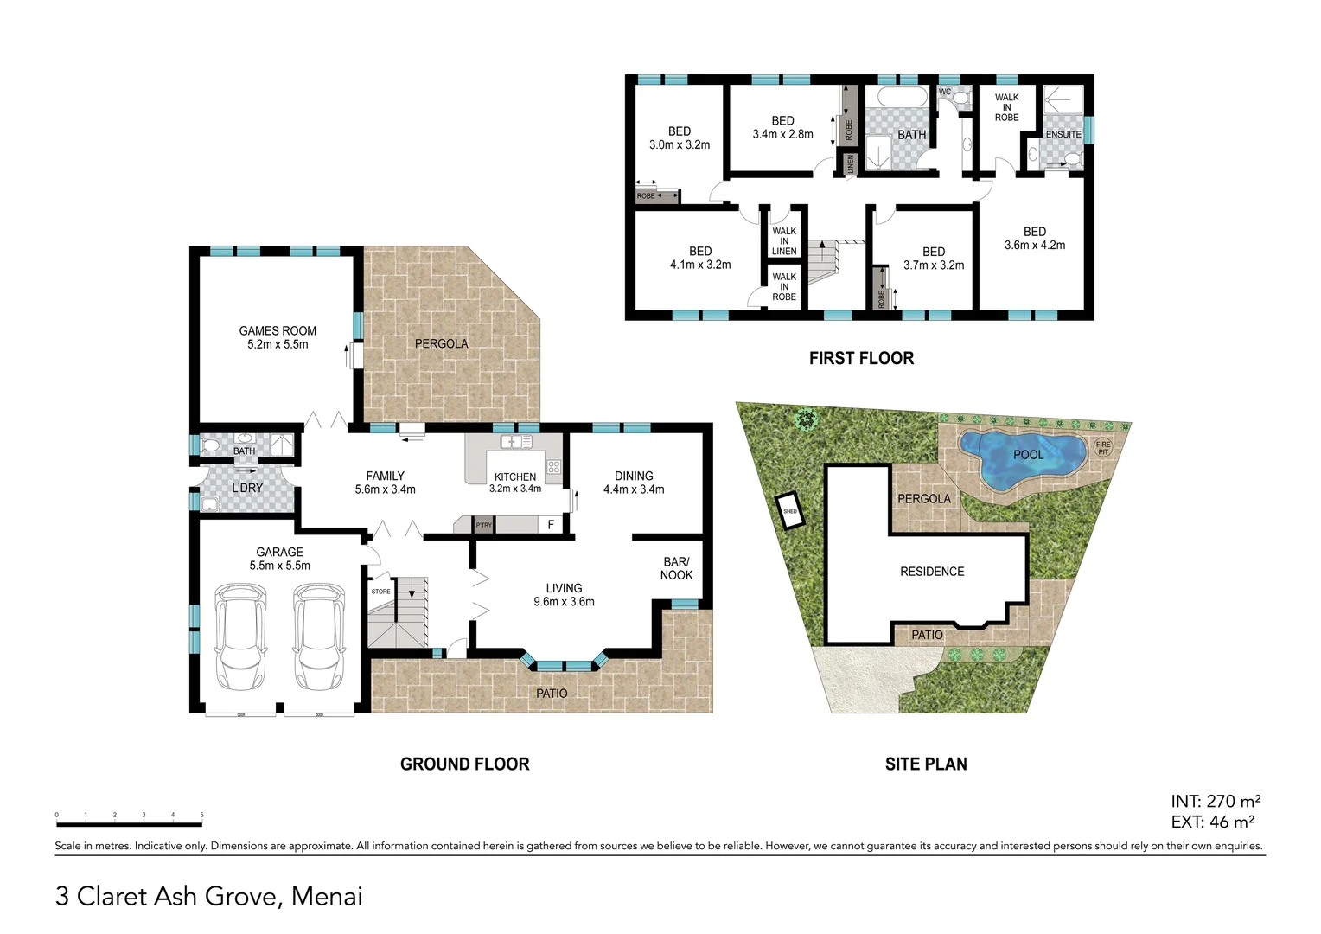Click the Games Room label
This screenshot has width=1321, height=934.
(x=278, y=337)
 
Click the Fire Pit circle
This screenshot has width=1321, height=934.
(x=1103, y=448)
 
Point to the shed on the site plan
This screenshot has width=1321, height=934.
(x=790, y=510)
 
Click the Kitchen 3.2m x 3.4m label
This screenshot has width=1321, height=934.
(x=515, y=483)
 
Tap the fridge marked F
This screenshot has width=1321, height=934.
(x=551, y=524)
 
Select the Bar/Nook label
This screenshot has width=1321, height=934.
(x=676, y=568)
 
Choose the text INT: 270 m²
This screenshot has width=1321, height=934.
(x=1216, y=801)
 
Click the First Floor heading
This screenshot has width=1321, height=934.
(x=861, y=358)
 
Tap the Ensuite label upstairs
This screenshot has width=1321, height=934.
(x=1063, y=134)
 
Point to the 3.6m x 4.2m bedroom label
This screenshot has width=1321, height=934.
(x=1035, y=239)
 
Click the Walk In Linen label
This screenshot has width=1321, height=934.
(x=784, y=241)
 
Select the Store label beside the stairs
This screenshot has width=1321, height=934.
(x=381, y=592)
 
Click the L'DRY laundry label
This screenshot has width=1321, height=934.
(x=247, y=488)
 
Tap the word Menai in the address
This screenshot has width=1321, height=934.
(x=327, y=896)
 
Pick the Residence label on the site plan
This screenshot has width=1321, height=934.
(x=932, y=572)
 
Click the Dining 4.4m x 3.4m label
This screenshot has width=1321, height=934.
(x=634, y=483)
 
